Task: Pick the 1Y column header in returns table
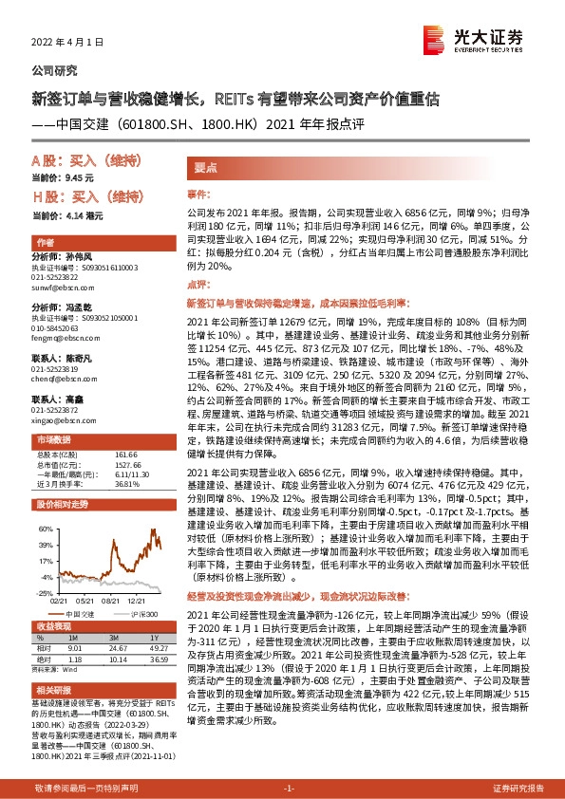click(x=154, y=638)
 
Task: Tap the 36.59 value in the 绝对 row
click(x=154, y=660)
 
